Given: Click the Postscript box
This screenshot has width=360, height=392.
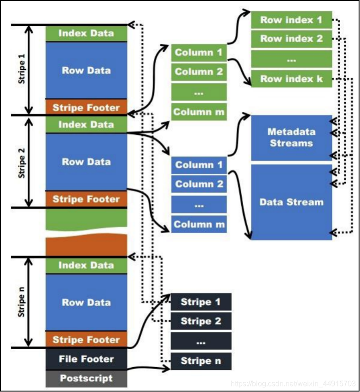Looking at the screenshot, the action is click(86, 378).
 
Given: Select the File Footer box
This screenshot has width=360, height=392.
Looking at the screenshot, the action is click(86, 359).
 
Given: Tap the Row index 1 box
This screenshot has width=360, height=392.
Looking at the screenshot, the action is click(292, 20).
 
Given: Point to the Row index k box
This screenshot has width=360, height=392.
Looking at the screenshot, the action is click(292, 79).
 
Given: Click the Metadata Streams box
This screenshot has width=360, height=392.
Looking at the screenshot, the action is click(292, 138).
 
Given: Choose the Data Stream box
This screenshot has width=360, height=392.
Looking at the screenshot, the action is click(292, 202).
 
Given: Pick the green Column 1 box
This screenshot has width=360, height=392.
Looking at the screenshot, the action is click(199, 52).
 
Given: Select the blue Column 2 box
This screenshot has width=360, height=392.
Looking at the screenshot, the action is click(199, 184).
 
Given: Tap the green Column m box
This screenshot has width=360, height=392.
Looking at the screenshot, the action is click(199, 112).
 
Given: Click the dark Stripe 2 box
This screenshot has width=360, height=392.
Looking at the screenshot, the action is click(201, 321).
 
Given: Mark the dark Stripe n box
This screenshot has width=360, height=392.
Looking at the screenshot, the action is click(201, 361).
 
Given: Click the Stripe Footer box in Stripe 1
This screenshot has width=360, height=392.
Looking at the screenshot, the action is click(86, 107).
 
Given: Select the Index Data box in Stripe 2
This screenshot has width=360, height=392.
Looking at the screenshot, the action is click(86, 124).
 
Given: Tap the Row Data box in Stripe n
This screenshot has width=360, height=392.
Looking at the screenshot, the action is click(86, 302).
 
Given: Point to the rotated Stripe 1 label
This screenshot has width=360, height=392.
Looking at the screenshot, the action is click(22, 69).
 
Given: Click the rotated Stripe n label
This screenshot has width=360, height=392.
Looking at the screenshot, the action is click(22, 302).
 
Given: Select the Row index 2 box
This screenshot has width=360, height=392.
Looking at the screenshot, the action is click(292, 39).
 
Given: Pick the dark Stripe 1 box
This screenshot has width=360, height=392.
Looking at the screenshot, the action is click(201, 302).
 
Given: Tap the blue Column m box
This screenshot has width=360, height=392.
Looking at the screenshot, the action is click(199, 224).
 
